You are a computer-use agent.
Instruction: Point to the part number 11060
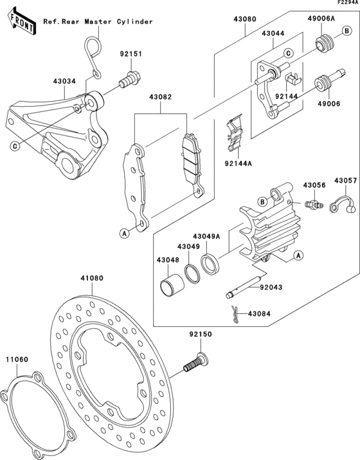[x=17, y=360]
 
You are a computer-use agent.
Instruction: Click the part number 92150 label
[x=201, y=335]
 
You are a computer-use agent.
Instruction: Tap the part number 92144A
[x=237, y=164]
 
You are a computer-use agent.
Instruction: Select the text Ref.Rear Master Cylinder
[x=98, y=22]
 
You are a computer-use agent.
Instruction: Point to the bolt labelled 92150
[x=193, y=361]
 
